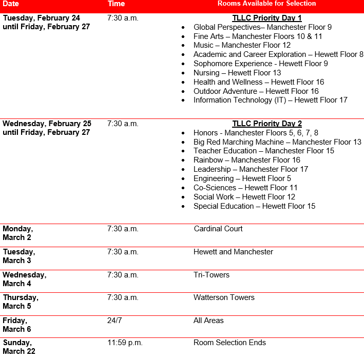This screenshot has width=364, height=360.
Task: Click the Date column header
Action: point(11,4)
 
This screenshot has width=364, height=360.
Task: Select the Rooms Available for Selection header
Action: point(266,4)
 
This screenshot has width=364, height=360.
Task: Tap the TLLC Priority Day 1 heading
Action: point(266,18)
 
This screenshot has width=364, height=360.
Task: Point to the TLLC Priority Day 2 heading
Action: point(266,124)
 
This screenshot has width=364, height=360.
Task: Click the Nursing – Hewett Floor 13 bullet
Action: point(237,73)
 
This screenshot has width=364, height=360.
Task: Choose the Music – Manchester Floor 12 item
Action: point(242,45)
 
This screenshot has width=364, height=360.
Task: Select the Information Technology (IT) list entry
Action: point(270,100)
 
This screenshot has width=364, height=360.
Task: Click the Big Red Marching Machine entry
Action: point(277,142)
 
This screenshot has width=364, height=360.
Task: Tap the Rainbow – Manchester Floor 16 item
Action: point(246,160)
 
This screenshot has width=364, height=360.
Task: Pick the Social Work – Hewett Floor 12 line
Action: point(244,197)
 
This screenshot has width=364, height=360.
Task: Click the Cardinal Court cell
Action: point(218,229)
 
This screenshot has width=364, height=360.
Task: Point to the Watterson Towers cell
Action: point(224,297)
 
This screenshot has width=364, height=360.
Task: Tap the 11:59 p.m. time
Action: point(125,343)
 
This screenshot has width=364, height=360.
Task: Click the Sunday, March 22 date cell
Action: point(19,347)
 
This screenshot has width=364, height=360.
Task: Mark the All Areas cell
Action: point(208,321)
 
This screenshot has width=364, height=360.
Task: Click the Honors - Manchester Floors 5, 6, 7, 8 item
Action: point(256,133)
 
